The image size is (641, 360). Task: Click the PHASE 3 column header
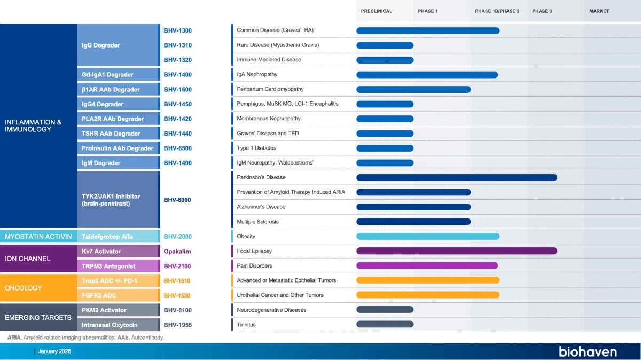[x=542, y=11]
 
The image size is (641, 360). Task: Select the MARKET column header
[x=599, y=11]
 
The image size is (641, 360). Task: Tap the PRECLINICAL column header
[x=376, y=11]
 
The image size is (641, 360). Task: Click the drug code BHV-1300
[x=177, y=30]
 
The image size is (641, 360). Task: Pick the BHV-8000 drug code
[x=177, y=200]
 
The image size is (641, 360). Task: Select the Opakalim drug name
[x=177, y=251]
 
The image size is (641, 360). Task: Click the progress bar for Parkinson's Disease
[x=456, y=177]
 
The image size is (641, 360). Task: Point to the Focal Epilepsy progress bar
[x=456, y=251]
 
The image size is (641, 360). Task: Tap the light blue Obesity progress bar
[x=427, y=236]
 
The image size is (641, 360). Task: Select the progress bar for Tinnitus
[x=385, y=324]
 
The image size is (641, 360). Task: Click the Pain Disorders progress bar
[x=427, y=265]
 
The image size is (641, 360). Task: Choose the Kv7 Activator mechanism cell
[x=101, y=251]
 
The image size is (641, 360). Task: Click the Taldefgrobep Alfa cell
[x=107, y=236]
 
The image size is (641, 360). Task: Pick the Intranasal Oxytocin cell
[x=110, y=325]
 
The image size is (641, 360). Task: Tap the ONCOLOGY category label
[x=24, y=288]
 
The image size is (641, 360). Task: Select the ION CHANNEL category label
[x=28, y=259]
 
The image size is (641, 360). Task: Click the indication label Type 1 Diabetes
[x=256, y=148]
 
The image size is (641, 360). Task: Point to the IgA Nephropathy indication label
[x=257, y=74]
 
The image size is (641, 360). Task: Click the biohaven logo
[x=588, y=351]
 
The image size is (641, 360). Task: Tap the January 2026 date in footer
[x=54, y=351]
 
